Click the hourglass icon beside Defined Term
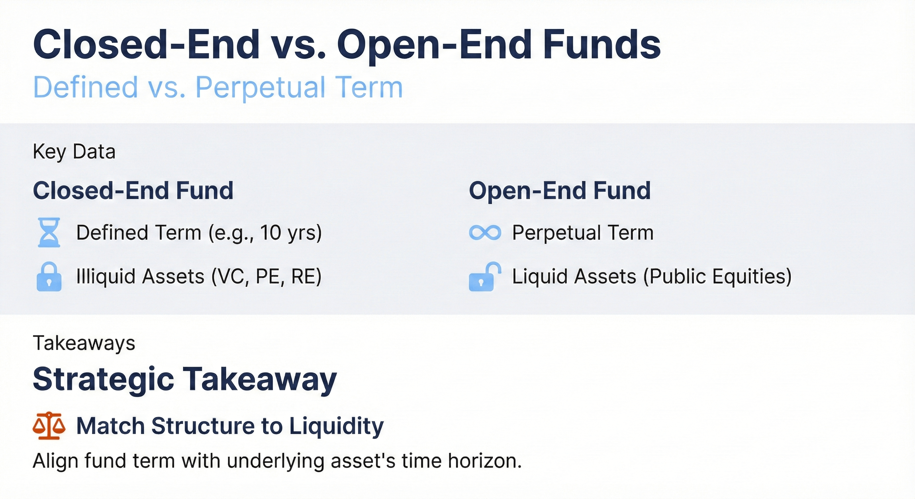tap(49, 233)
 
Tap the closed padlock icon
tap(49, 277)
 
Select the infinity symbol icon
tap(485, 233)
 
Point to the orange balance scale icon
tap(49, 426)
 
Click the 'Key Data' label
tap(74, 152)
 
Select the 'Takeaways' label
tap(84, 343)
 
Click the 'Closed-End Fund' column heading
tap(133, 191)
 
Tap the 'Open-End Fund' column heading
tap(560, 191)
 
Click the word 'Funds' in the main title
tap(601, 45)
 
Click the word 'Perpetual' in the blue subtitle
tap(260, 87)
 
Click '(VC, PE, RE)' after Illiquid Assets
tap(266, 277)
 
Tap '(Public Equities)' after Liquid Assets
tap(717, 277)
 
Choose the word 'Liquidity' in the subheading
tap(336, 426)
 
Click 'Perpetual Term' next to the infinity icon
tap(583, 233)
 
